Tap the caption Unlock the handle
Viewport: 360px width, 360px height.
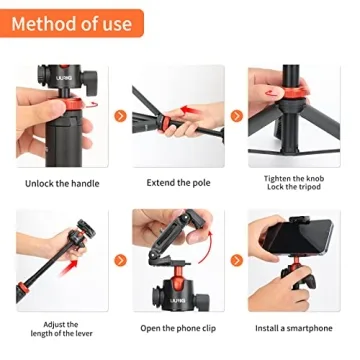pos(63,183)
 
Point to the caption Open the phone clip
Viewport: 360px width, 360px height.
pos(178,328)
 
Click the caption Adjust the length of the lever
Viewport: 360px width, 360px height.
pos(61,326)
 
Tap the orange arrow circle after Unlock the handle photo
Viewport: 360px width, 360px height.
pos(120,116)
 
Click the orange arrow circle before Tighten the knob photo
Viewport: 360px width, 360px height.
pos(237,116)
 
